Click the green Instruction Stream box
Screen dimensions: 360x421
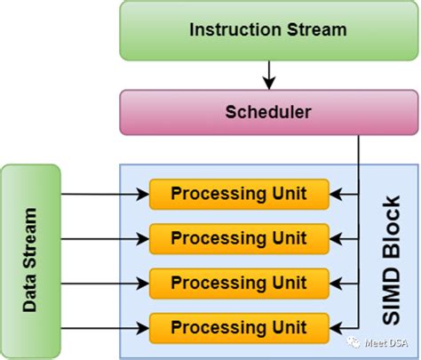click(x=267, y=29)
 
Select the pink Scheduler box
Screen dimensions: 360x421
click(x=267, y=113)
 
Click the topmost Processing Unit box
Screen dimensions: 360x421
click(x=238, y=193)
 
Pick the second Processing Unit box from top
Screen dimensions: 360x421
click(x=238, y=237)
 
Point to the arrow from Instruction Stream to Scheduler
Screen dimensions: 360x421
click(x=267, y=73)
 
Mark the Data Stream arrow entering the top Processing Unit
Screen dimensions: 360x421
click(x=102, y=193)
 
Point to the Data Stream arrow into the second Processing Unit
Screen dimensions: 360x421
click(x=102, y=237)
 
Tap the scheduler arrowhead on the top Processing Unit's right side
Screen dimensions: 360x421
click(x=335, y=193)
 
